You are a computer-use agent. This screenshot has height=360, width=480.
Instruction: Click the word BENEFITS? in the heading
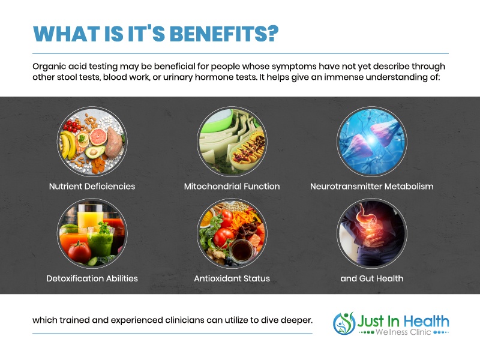click(x=224, y=34)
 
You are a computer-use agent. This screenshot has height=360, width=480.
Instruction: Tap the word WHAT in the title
click(x=67, y=34)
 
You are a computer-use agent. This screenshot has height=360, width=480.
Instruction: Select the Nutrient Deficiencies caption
click(x=92, y=186)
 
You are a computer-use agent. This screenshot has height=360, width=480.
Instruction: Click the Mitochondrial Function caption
click(x=232, y=186)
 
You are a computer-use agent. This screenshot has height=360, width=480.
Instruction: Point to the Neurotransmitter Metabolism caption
click(x=371, y=186)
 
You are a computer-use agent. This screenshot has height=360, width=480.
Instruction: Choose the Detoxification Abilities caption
click(x=92, y=278)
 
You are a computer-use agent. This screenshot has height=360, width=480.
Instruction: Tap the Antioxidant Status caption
click(x=232, y=278)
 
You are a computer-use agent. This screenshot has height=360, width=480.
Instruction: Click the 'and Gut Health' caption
click(x=371, y=278)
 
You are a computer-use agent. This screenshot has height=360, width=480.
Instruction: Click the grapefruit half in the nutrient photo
click(x=98, y=137)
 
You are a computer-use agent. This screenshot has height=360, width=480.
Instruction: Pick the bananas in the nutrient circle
click(x=68, y=145)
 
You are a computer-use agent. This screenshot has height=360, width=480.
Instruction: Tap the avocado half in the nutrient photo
click(x=95, y=152)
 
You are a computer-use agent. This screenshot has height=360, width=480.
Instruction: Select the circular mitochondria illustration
click(x=232, y=142)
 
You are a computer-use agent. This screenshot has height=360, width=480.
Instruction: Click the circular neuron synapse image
click(x=372, y=142)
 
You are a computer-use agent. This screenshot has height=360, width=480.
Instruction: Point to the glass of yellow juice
click(x=89, y=216)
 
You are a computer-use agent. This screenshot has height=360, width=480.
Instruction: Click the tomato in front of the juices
click(x=80, y=252)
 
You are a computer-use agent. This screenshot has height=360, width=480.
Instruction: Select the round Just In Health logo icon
click(x=344, y=323)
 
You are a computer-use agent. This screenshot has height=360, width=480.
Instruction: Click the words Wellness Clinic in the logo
click(x=403, y=332)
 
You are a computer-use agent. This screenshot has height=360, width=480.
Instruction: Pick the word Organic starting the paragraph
click(x=49, y=67)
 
